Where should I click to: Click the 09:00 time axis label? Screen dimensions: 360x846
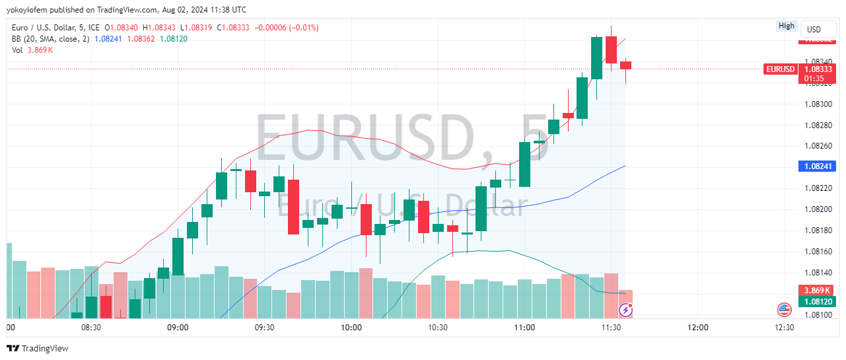[x=178, y=328]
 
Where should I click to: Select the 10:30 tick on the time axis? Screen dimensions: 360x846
[x=438, y=328]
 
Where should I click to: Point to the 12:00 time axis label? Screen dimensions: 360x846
[x=698, y=328]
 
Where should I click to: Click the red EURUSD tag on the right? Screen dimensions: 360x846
[x=780, y=69]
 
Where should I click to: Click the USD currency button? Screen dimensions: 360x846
[x=814, y=30]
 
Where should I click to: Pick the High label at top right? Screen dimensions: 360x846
[x=787, y=26]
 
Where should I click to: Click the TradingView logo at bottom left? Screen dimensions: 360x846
[x=38, y=348]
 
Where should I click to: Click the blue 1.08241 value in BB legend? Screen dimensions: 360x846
[x=108, y=39]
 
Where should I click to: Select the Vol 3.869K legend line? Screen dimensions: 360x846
[x=32, y=50]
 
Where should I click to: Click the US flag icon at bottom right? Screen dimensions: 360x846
[x=784, y=309]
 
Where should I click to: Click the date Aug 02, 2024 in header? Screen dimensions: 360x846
[x=187, y=10]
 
